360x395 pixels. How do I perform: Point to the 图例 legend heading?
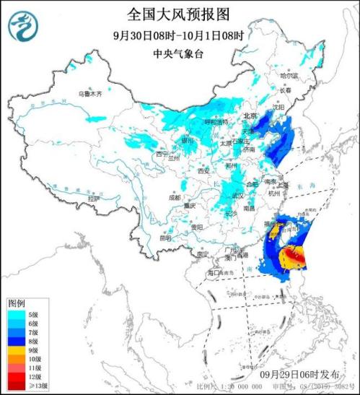(17, 303)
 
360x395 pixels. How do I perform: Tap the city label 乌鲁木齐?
(90, 95)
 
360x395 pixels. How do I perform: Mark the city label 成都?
(175, 196)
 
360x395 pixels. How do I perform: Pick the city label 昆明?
(167, 237)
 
